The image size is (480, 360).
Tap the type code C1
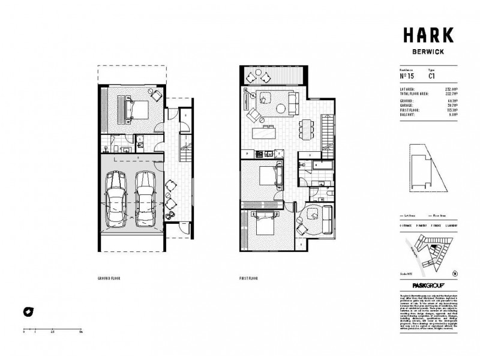pyautogui.click(x=431, y=76)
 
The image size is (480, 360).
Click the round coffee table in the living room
pyautogui.click(x=281, y=108)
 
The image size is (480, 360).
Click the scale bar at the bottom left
pyautogui.click(x=52, y=326)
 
